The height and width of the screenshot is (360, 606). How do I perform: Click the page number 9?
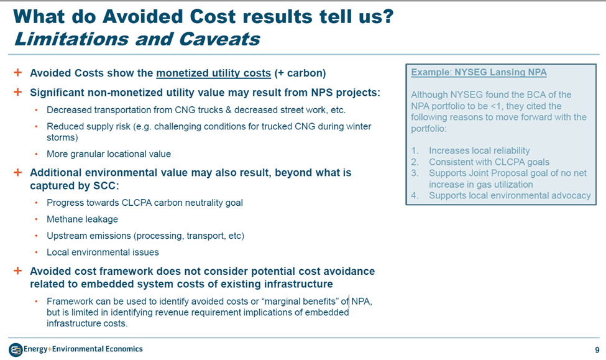coord(597,350)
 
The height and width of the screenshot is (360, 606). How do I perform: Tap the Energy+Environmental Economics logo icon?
coord(16,350)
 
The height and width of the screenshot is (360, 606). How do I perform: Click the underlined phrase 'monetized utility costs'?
coord(213,73)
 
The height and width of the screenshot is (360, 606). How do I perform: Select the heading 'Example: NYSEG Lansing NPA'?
coord(479,72)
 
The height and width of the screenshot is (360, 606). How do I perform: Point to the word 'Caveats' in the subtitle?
coord(219,39)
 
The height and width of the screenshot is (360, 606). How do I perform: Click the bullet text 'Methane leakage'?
coord(82,219)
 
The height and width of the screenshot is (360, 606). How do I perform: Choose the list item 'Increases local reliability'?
coord(479,150)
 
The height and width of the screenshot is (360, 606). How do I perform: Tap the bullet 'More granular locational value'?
coord(109,154)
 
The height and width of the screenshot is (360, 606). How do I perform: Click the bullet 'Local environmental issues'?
coord(103,252)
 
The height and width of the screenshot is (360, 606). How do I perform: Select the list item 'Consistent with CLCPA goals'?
coord(489,162)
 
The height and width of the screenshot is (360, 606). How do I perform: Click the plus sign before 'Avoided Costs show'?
coord(18,72)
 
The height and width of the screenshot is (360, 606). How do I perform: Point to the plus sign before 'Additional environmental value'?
coord(18,172)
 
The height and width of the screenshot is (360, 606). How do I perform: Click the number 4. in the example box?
coord(415,196)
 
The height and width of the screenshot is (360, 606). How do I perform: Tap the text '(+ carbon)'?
coord(300,73)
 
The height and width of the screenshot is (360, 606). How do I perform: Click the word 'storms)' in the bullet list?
coord(62,137)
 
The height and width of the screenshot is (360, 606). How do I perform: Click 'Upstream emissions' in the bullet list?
coord(88,236)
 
